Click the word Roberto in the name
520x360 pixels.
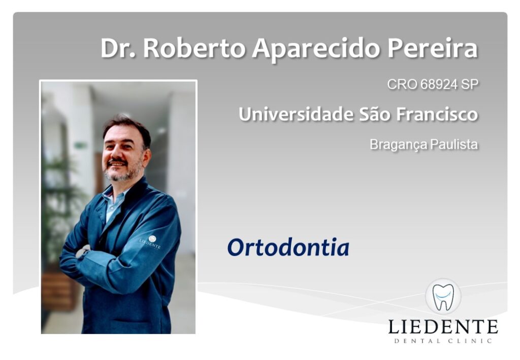tap(194, 48)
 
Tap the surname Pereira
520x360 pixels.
tap(433, 48)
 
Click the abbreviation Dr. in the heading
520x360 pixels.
tap(118, 48)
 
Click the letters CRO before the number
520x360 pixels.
tap(402, 84)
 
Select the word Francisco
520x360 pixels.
tap(437, 114)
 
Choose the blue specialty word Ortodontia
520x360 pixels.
tap(288, 247)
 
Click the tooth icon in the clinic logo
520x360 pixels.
tap(443, 297)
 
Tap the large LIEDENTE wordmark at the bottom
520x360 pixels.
tap(443, 327)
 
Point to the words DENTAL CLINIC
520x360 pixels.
tap(443, 341)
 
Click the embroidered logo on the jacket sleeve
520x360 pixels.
tap(150, 242)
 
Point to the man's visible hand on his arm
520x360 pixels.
tap(83, 251)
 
